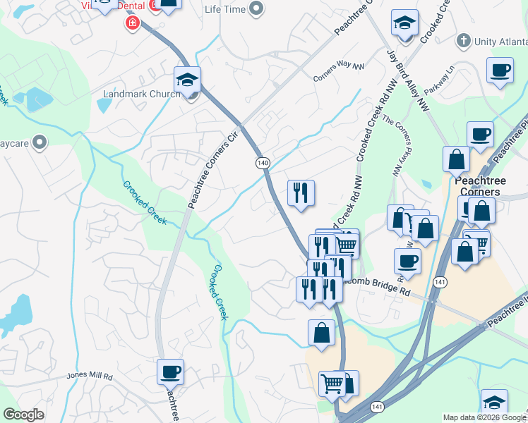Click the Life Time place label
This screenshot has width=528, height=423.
(225, 8)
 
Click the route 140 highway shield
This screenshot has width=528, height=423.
(263, 163)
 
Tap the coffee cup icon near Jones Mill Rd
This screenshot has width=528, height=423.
(170, 371)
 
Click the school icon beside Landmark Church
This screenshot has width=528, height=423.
(188, 79)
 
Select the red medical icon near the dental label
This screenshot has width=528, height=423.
(131, 24)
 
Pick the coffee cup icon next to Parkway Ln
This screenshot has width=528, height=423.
(500, 70)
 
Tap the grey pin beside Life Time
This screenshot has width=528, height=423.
(256, 8)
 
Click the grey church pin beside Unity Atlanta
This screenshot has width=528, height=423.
(463, 42)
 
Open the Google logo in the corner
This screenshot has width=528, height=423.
(24, 415)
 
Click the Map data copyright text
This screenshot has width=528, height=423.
(484, 417)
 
